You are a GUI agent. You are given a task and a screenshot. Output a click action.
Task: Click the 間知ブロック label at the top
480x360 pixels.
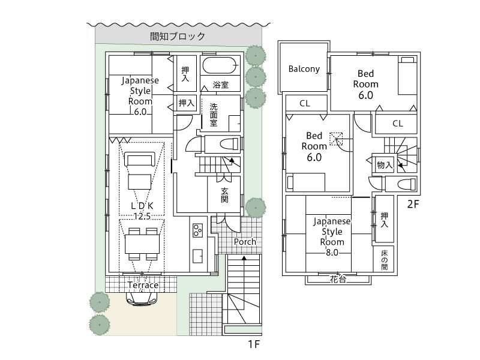pyautogui.click(x=178, y=37)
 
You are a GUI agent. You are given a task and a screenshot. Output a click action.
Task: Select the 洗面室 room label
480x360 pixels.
pyautogui.click(x=214, y=115)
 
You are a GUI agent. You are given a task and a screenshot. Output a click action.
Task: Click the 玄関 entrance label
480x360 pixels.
pyautogui.click(x=224, y=195)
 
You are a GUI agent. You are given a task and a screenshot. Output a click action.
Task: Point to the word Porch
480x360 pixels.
pyautogui.click(x=245, y=242)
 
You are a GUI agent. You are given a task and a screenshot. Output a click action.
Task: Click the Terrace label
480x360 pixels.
pyautogui.click(x=143, y=285)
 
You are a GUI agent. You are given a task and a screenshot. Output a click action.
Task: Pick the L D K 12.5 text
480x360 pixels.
pyautogui.click(x=142, y=211)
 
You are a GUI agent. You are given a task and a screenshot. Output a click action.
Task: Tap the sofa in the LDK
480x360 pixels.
pyautogui.click(x=140, y=160)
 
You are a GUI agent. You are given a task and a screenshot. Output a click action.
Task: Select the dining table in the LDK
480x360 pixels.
pyautogui.click(x=142, y=244)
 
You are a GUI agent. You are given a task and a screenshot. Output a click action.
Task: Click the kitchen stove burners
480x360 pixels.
pyautogui.click(x=197, y=229)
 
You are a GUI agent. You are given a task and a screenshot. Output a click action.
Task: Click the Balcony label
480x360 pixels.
pyautogui.click(x=304, y=69)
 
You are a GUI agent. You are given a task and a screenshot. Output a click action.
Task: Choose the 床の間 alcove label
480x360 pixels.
pyautogui.click(x=385, y=259)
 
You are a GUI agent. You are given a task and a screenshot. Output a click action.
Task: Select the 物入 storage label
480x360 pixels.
pyautogui.click(x=384, y=165)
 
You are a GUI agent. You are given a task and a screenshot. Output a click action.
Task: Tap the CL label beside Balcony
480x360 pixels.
pyautogui.click(x=305, y=104)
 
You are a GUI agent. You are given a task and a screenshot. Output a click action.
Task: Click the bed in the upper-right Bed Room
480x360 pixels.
pyautogui.click(x=407, y=76)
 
